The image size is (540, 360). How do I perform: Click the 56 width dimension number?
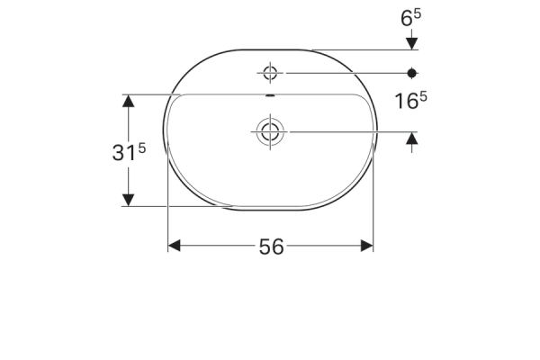[x=272, y=247]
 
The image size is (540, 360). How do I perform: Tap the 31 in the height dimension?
[x=124, y=153]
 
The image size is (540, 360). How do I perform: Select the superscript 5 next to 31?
[x=142, y=148]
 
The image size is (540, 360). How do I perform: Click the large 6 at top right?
[x=407, y=18]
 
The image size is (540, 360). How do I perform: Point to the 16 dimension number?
[x=406, y=102]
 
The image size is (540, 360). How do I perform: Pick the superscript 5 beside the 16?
[x=424, y=97]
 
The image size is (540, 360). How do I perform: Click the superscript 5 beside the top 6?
[x=417, y=14]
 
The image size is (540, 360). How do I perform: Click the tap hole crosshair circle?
[x=270, y=73]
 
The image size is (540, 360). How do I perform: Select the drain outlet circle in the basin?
[x=270, y=131]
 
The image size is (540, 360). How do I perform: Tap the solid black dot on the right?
[x=411, y=73]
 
